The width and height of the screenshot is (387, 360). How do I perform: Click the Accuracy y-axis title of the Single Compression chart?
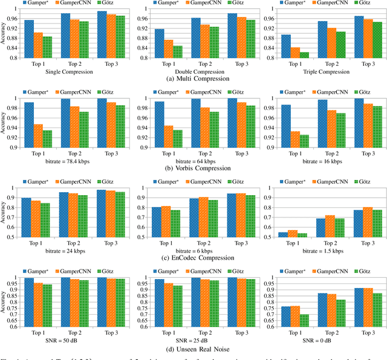(x=5, y=36)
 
